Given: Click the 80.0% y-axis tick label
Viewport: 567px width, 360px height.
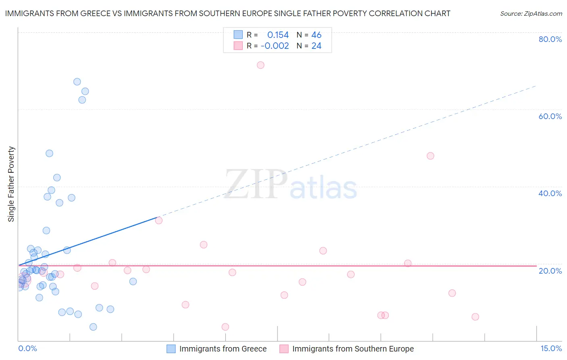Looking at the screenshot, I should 550,39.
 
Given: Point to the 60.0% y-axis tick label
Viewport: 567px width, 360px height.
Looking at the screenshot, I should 550,116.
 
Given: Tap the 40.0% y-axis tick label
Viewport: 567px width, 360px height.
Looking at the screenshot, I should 550,193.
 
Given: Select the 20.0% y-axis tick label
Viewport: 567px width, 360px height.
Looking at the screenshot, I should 550,271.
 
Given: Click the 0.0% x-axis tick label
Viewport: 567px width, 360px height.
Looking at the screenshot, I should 27,348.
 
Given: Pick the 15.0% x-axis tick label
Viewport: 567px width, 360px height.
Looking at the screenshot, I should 551,348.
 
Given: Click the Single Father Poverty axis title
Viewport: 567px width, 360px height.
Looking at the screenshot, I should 11,184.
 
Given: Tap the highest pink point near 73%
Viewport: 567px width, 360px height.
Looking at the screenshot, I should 261,65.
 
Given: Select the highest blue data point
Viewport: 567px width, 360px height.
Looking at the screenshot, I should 77,82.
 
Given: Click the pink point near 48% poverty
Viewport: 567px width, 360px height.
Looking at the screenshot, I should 430,156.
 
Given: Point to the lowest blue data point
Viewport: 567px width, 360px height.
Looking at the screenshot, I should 93,327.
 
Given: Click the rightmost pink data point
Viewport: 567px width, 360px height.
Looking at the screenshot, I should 475,317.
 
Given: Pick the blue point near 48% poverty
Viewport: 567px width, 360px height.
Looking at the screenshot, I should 49,153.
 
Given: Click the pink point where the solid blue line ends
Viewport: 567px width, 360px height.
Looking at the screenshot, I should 158,220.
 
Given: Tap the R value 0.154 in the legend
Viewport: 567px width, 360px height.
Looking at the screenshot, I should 278,35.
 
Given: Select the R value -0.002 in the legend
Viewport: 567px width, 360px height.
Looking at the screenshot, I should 275,46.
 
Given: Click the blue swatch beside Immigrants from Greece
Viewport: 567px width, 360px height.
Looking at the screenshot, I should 171,349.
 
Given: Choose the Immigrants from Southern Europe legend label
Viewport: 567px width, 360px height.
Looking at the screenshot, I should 353,349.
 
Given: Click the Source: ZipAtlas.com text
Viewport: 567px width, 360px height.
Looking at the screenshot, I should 531,14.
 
